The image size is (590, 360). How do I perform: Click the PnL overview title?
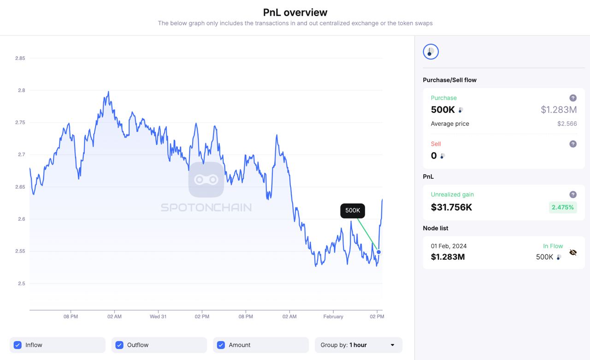tap(295, 12)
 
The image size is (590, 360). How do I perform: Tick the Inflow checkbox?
tap(18, 345)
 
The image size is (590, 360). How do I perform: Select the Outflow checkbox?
tap(119, 345)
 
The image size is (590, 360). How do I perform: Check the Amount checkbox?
tap(221, 345)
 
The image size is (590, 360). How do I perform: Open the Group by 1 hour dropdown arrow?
tap(392, 345)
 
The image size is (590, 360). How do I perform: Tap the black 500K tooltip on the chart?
tap(353, 211)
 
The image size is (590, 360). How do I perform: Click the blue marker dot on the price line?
tap(379, 252)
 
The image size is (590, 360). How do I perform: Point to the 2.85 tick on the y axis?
tap(20, 58)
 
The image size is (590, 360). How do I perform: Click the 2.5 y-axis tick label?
tap(21, 283)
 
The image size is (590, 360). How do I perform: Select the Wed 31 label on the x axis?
tap(158, 317)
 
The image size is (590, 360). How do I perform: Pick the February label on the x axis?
tap(333, 317)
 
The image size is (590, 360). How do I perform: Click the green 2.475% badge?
tap(563, 207)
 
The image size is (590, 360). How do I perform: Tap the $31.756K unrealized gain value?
tap(451, 207)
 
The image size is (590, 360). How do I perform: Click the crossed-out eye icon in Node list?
tap(573, 253)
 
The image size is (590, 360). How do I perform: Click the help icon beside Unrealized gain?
tap(573, 195)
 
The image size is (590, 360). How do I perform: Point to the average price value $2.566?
tap(567, 124)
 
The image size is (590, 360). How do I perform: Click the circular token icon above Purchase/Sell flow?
tap(431, 52)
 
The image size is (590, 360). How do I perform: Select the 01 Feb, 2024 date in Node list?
tap(448, 246)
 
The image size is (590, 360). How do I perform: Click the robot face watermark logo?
tap(206, 180)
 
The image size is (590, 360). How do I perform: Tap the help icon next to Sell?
tap(573, 144)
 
